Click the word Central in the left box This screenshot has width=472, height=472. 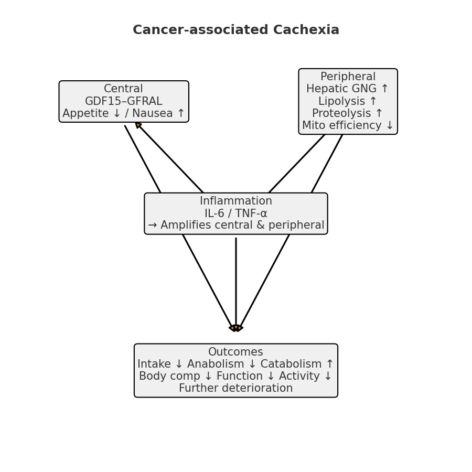point(123,89)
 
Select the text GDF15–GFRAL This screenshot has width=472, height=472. point(123,101)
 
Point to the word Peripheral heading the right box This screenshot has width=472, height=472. point(348,77)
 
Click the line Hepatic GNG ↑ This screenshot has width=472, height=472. point(348,89)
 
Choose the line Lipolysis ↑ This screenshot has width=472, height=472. point(348,101)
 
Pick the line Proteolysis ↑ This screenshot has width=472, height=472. point(348,113)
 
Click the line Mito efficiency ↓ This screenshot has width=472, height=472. point(348,126)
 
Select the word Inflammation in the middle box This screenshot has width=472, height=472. point(236,201)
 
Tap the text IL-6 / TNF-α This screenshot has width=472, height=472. point(236,213)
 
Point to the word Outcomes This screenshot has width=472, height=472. point(235,352)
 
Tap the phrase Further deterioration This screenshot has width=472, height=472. point(235,389)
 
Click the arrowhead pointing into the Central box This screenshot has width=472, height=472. point(138,125)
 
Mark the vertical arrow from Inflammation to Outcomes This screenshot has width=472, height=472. point(236,283)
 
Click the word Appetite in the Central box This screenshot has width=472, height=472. point(84,113)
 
